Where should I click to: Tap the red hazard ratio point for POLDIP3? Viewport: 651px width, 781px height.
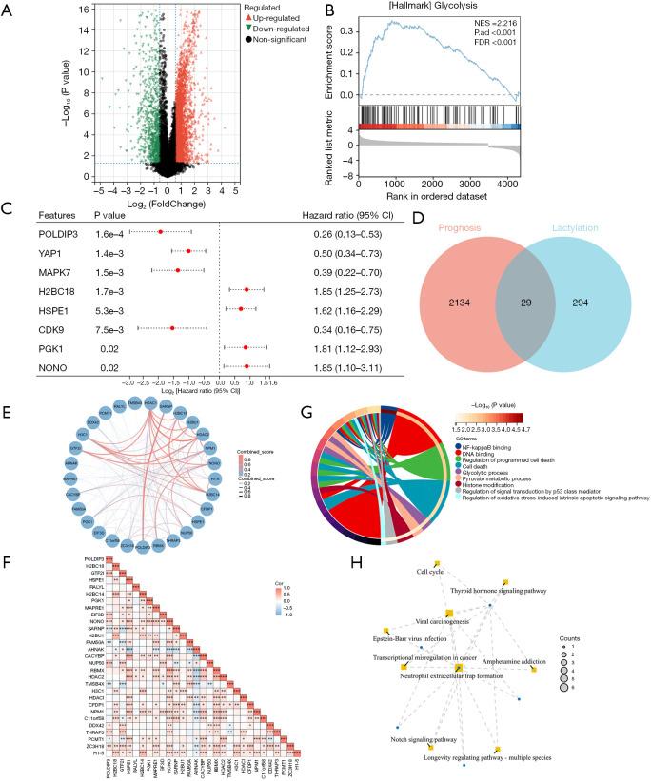pyautogui.click(x=160, y=231)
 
